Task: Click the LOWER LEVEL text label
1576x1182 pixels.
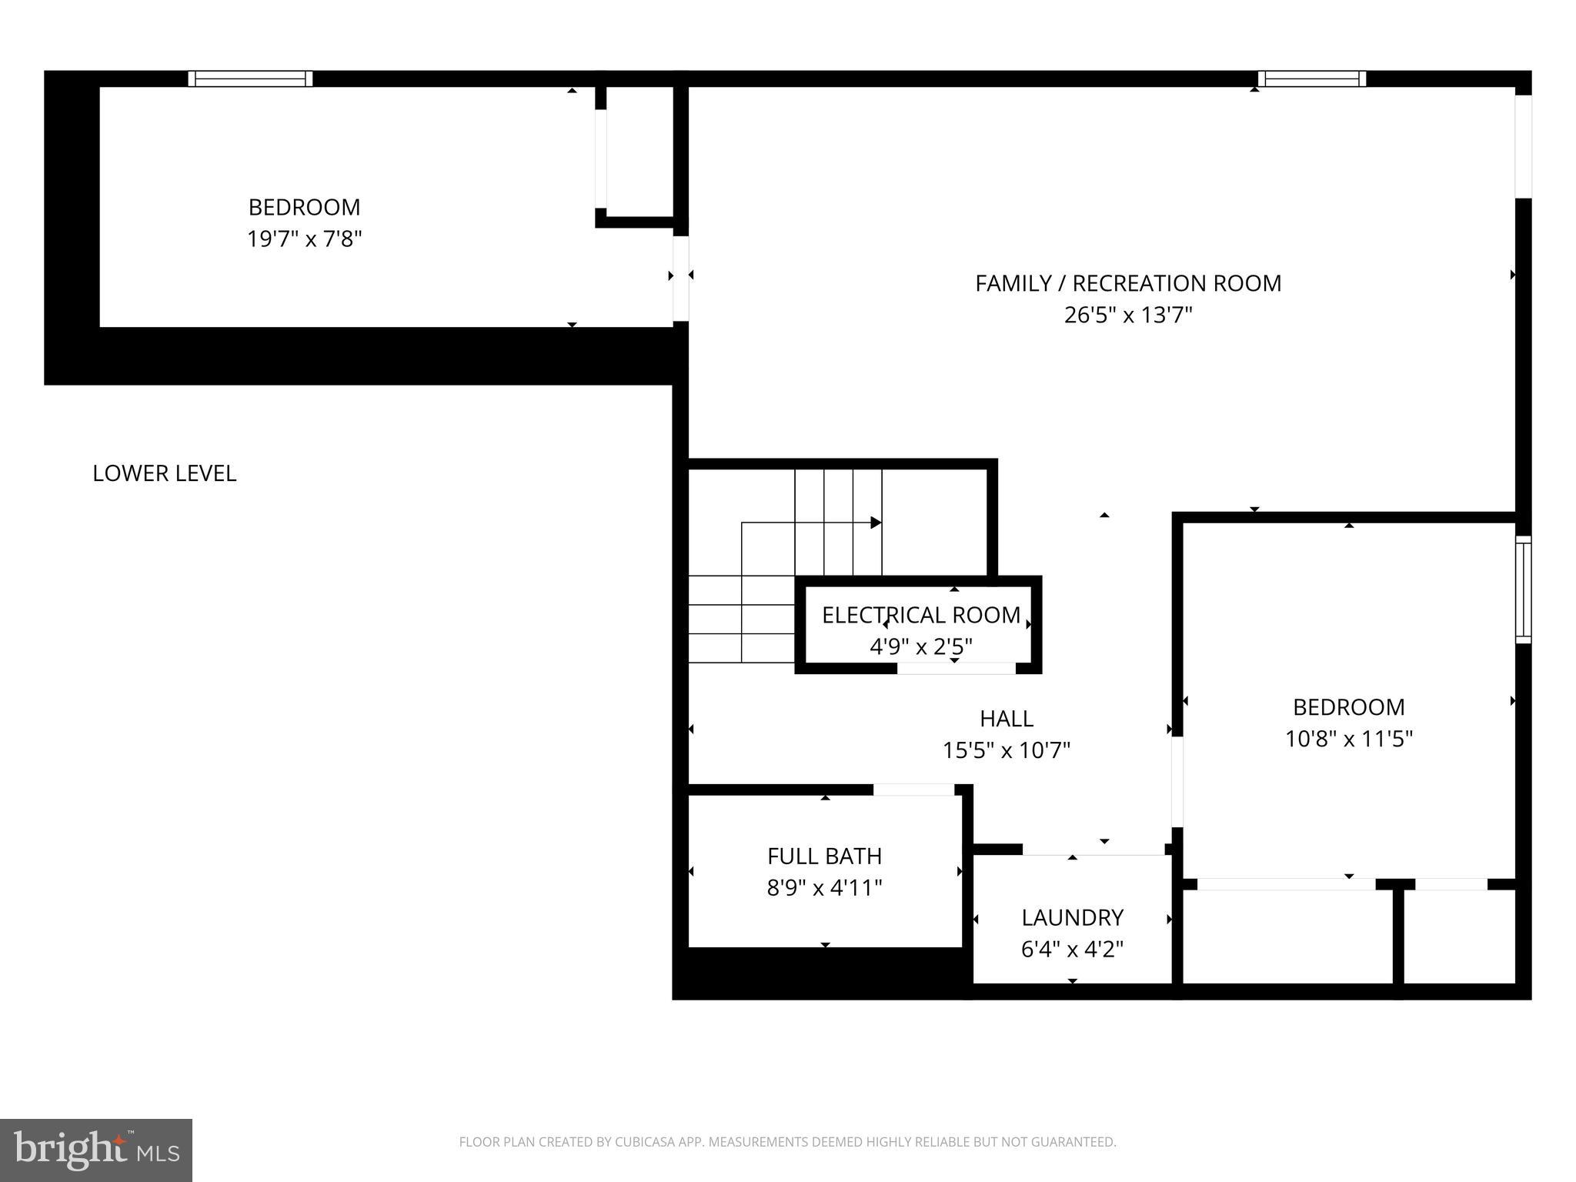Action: click(x=164, y=473)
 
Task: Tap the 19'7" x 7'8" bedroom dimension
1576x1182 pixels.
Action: click(x=304, y=239)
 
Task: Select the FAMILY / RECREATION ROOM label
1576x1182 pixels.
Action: click(x=1127, y=283)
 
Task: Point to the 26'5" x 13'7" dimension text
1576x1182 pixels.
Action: click(x=1127, y=316)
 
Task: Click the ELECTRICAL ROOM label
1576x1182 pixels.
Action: click(x=920, y=615)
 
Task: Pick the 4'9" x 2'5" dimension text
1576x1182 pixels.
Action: click(x=920, y=646)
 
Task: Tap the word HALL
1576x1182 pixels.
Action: click(x=1006, y=719)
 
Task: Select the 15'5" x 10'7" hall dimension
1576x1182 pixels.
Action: click(x=1006, y=750)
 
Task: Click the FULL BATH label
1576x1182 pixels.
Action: click(x=824, y=856)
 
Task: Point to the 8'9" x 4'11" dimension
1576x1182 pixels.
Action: click(x=824, y=888)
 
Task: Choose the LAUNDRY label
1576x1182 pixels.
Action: click(x=1072, y=917)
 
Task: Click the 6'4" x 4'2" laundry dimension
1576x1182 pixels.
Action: click(x=1072, y=950)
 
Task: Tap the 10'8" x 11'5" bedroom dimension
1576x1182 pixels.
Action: click(x=1348, y=739)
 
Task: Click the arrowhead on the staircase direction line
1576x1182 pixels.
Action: click(x=876, y=523)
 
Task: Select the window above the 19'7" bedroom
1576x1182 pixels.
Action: click(x=250, y=78)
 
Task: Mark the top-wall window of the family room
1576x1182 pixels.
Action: click(x=1311, y=78)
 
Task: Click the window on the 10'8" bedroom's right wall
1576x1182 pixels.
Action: click(x=1523, y=589)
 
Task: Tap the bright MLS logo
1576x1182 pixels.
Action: click(x=96, y=1150)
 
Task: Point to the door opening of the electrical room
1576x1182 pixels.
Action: click(x=956, y=668)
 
